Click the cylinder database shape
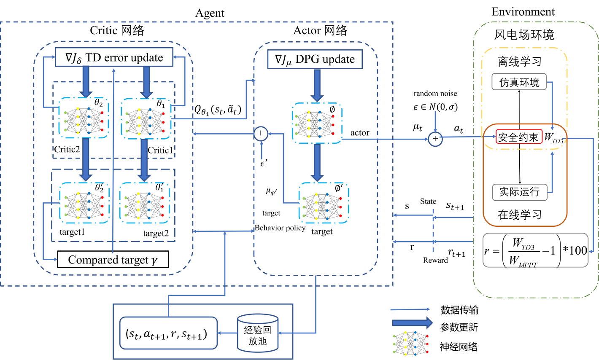pos(258,333)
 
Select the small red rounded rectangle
pos(519,137)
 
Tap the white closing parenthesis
pos(210,333)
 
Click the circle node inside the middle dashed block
pos(261,134)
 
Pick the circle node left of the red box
pos(435,139)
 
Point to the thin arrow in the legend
pos(410,309)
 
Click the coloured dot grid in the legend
pos(410,343)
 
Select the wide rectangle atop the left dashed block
pos(114,57)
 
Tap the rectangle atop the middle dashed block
pos(315,59)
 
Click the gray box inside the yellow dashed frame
pos(519,81)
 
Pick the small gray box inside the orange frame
pos(519,192)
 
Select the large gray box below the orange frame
pos(535,250)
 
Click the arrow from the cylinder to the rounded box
pos(227,333)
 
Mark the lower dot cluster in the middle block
pos(324,203)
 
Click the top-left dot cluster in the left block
pos(84,118)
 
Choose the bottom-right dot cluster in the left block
pos(144,203)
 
